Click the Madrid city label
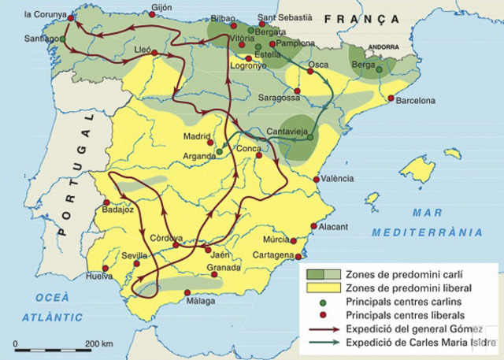(x=197, y=135)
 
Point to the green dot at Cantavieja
(x=310, y=137)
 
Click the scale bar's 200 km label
(x=98, y=344)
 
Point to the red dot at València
(x=317, y=179)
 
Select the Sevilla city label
(x=124, y=254)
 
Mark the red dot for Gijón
(x=152, y=13)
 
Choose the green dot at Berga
(x=379, y=70)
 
